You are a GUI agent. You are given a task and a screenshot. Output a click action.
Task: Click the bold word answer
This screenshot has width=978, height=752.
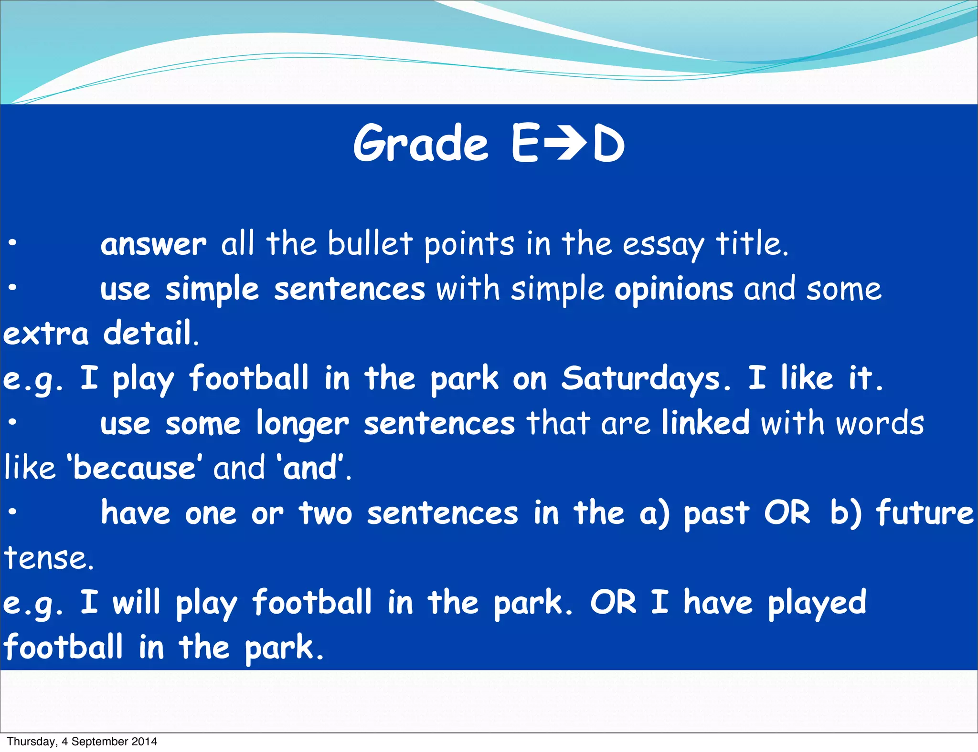coord(153,245)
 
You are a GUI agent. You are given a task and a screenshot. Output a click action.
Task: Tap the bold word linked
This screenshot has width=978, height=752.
coord(705,423)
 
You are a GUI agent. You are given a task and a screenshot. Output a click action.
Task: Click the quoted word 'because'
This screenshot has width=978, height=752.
coord(134,468)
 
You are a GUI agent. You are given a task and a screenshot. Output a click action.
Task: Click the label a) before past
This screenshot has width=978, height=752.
coord(655,513)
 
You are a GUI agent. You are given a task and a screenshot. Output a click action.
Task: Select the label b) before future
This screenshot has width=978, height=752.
coord(846,513)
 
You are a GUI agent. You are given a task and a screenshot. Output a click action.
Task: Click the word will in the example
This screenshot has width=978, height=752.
coord(136,602)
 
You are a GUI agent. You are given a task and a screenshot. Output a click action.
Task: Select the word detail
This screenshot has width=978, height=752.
coord(150,334)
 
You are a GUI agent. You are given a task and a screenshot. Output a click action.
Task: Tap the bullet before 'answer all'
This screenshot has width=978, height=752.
coord(13,243)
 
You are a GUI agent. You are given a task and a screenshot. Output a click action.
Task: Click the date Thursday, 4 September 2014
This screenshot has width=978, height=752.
coord(82,742)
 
